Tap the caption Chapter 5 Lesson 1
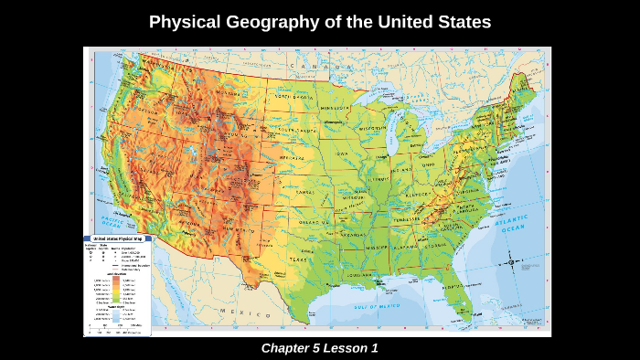click(x=319, y=348)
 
